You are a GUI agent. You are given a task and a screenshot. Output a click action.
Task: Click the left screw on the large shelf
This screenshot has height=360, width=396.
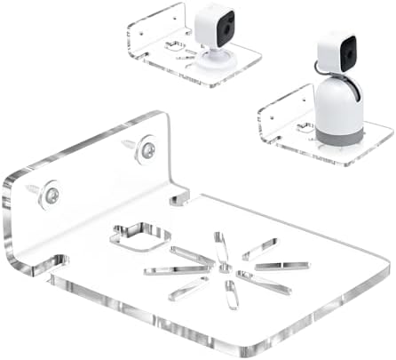[x=51, y=193]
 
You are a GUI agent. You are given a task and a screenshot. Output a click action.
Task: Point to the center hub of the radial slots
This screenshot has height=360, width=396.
[x=225, y=267]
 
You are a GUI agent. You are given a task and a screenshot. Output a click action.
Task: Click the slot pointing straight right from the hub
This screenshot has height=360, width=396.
[x=281, y=266]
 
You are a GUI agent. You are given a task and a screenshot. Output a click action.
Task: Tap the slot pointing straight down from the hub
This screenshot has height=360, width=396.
[x=231, y=294]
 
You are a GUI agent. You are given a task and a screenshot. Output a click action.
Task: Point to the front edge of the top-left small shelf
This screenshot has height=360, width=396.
[x=213, y=77]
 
